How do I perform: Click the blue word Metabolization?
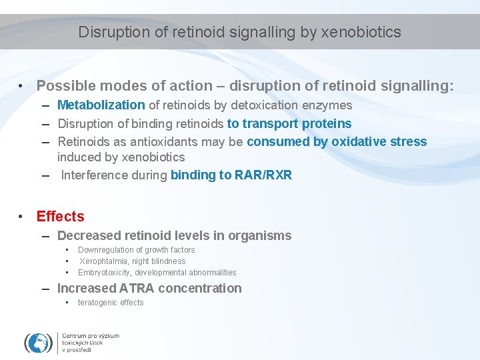[x=101, y=105]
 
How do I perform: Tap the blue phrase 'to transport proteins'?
[x=289, y=123]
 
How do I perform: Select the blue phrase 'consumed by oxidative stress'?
[x=337, y=141]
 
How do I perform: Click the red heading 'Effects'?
[x=60, y=217]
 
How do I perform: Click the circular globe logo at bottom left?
[x=39, y=343]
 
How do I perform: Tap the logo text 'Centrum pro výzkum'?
[x=91, y=336]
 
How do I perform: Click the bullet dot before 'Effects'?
[x=22, y=217]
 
